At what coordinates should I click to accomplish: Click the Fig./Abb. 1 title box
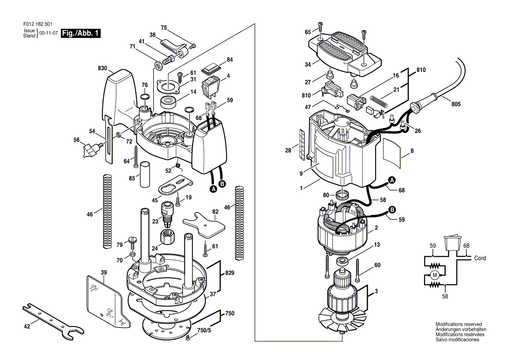point(81,33)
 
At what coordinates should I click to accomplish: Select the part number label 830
point(102,68)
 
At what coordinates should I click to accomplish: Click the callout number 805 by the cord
point(456,104)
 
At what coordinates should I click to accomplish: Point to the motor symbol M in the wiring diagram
point(434,275)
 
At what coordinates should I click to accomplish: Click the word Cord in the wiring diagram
point(480,258)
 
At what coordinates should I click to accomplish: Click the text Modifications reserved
point(459,324)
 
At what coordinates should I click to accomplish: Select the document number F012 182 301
point(38,24)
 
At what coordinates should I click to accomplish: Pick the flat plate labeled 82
point(204,224)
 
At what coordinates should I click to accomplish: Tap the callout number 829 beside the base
point(230,273)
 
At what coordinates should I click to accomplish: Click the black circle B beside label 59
point(392,210)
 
